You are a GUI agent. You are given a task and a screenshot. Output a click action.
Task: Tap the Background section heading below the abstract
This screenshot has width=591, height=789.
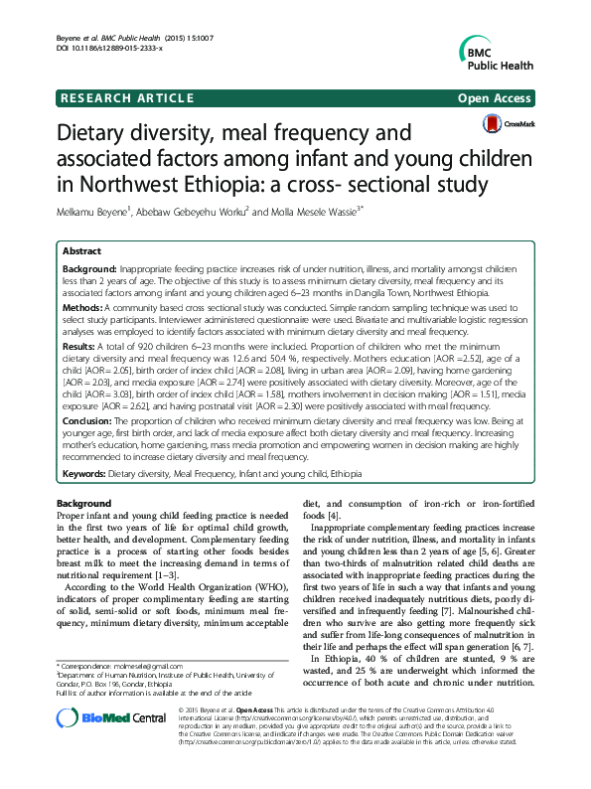(83, 505)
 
